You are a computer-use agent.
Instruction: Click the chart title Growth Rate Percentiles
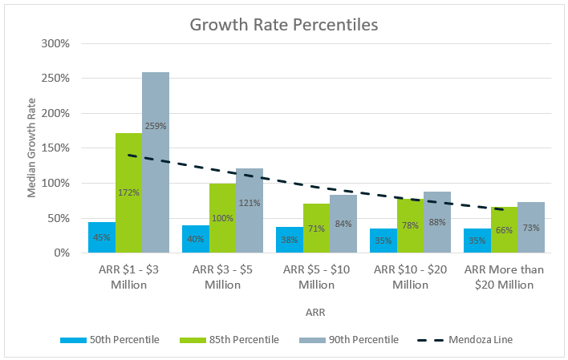pyautogui.click(x=284, y=25)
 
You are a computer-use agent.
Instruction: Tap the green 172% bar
pyautogui.click(x=128, y=200)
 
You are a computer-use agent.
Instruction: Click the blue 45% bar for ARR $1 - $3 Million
pyautogui.click(x=102, y=238)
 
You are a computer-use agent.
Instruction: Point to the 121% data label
pyautogui.click(x=250, y=202)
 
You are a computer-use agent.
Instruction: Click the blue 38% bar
pyautogui.click(x=290, y=240)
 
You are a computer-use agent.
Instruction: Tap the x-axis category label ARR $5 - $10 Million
pyautogui.click(x=316, y=277)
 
